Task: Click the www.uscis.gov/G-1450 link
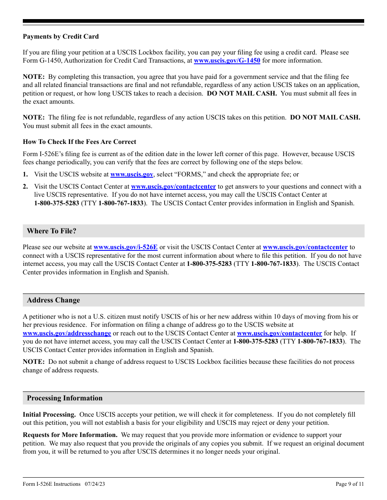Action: point(227,61)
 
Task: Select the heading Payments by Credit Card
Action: point(61,37)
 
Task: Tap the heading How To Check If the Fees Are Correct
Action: point(79,142)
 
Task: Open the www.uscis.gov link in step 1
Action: point(132,174)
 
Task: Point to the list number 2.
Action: point(25,187)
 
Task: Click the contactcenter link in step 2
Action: point(173,187)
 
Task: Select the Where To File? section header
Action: point(52,231)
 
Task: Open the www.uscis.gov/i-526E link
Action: point(125,247)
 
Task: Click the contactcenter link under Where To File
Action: point(305,247)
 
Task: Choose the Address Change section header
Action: point(53,300)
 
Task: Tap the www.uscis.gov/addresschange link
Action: point(67,333)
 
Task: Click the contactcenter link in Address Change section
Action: point(279,333)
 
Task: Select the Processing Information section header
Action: point(65,398)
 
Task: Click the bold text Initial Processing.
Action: point(49,415)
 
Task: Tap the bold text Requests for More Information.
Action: point(70,435)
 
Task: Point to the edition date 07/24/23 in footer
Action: point(95,484)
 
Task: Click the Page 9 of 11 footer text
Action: point(350,484)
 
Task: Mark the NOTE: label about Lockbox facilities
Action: point(33,362)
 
